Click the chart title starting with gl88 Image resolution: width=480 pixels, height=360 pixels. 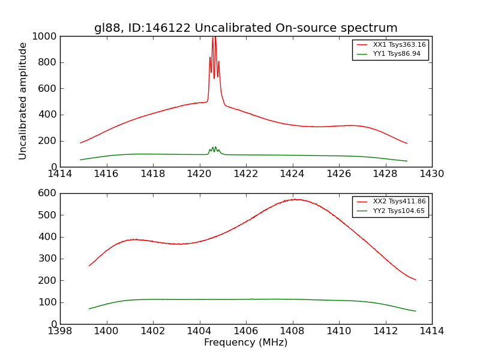[x=245, y=28]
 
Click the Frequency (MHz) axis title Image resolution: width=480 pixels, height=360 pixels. [x=245, y=343]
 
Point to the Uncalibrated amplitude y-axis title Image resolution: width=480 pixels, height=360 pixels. [x=23, y=101]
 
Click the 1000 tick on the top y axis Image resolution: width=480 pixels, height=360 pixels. [x=46, y=37]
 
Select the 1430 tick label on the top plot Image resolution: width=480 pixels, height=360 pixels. [x=432, y=174]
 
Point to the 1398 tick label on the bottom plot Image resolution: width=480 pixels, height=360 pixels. [x=60, y=331]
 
